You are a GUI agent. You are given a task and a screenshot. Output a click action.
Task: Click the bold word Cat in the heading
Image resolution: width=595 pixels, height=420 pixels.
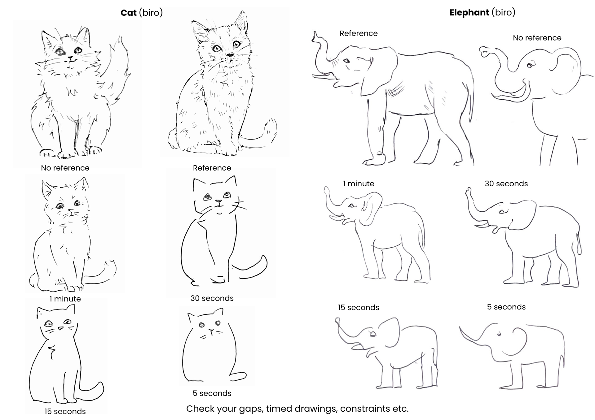(x=128, y=13)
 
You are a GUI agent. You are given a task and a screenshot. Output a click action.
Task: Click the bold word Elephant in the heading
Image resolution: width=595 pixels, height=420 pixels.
(x=469, y=13)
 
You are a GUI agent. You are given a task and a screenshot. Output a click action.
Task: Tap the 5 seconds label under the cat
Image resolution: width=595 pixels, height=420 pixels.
(x=212, y=393)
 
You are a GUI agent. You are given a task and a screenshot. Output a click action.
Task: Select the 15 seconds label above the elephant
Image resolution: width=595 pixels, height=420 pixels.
(x=358, y=307)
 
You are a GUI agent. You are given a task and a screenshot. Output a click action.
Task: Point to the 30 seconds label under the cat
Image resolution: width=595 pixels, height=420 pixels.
(x=212, y=298)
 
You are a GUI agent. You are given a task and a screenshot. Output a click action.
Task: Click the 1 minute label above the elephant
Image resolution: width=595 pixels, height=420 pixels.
(x=358, y=184)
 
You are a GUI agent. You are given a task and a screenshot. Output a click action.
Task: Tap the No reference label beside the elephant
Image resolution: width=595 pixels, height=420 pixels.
(x=537, y=38)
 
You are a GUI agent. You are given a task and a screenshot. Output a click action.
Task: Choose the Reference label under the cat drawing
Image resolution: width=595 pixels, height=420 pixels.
(x=212, y=168)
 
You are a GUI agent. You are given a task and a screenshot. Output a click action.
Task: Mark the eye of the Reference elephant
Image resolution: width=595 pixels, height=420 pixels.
(x=346, y=61)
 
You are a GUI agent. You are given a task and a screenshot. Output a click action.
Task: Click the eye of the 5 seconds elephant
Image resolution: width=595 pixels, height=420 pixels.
(x=499, y=334)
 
